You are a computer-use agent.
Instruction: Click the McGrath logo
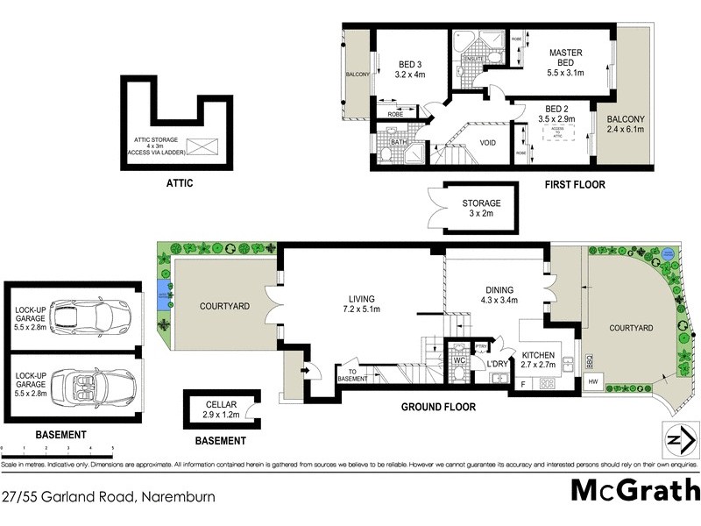(x=635, y=490)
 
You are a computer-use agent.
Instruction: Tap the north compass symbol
(x=677, y=439)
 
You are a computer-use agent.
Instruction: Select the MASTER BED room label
(x=565, y=59)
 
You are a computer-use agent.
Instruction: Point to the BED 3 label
(x=410, y=69)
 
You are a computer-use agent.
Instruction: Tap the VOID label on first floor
(x=488, y=143)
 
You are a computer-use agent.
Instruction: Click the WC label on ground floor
(x=459, y=359)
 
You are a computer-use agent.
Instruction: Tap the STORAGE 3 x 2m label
(x=481, y=208)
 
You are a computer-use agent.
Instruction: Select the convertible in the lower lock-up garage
(x=92, y=383)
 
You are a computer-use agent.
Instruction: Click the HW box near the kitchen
(x=592, y=381)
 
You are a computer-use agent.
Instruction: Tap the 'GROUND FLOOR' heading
(x=438, y=407)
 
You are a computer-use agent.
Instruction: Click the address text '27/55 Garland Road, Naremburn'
(x=108, y=496)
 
